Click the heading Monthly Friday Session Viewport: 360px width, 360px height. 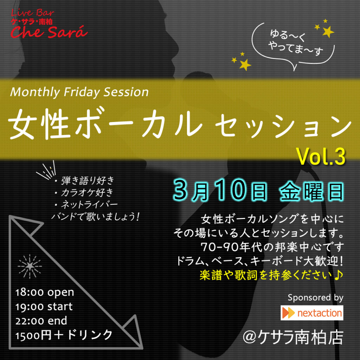(79, 92)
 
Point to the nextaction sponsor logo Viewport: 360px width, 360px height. (312, 313)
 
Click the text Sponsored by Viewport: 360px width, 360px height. (315, 297)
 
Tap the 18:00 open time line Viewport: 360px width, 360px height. (45, 292)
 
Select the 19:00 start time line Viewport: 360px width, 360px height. (44, 307)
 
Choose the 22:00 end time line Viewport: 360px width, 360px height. (41, 321)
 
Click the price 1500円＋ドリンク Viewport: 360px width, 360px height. (64, 335)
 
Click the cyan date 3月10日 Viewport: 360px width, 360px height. (221, 191)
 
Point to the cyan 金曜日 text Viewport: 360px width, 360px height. (312, 192)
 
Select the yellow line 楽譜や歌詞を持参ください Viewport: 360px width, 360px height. (271, 275)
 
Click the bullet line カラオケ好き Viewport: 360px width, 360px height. (84, 192)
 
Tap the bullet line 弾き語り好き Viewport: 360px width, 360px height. (84, 181)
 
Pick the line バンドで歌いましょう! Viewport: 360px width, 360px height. (95, 217)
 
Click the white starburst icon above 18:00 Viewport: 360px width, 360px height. (30, 266)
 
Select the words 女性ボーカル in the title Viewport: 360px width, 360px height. (105, 124)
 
